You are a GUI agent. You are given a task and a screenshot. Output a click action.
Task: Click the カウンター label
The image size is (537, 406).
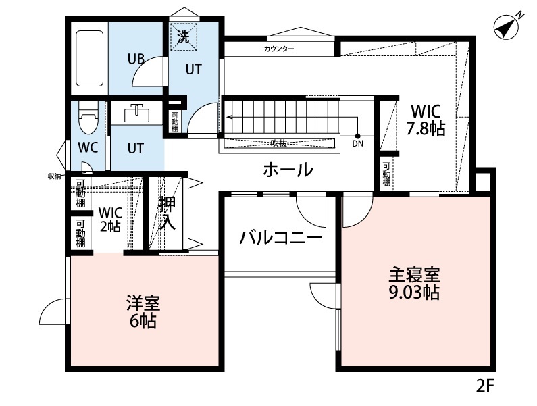[279, 49]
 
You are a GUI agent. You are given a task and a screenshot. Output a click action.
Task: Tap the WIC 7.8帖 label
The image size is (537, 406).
[426, 120]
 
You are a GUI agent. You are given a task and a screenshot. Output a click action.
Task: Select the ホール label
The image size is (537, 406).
[288, 170]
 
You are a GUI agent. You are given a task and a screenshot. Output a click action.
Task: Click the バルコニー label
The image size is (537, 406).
[280, 238]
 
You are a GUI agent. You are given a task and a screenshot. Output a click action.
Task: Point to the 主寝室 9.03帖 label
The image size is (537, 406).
[414, 284]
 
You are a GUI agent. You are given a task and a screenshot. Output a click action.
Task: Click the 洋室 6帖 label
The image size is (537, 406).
[143, 311]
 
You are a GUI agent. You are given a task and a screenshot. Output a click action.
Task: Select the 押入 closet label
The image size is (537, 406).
[167, 213]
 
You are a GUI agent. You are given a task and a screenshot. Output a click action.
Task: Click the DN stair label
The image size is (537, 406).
[357, 143]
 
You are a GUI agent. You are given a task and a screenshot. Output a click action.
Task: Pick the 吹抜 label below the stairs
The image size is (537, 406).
[276, 143]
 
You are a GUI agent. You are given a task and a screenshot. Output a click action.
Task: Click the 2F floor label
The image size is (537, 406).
[485, 387]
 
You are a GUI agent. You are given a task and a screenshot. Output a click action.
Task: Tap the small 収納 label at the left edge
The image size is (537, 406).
[55, 176]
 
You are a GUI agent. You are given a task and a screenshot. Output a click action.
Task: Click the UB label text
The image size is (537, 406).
[136, 58]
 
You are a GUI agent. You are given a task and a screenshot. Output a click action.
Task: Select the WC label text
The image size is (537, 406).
[87, 148]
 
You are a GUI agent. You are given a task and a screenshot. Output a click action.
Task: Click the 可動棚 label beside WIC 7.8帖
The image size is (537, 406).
[386, 174]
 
